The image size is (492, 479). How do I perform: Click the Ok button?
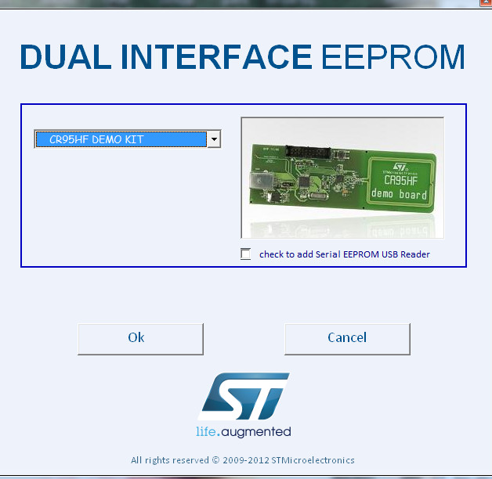coord(140,339)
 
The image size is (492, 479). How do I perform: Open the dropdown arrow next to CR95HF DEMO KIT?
coord(214,139)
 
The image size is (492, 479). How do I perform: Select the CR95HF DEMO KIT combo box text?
coord(96,139)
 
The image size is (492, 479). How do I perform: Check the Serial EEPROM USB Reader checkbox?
coord(245,254)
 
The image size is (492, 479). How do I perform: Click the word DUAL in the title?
coord(66,56)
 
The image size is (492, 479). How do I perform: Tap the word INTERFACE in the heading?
coord(216,56)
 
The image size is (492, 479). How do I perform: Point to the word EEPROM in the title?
coord(393,56)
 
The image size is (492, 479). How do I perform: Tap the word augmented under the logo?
coord(256,432)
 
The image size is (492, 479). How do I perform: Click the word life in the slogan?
coord(206,431)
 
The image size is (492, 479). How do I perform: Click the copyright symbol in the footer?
coord(215,460)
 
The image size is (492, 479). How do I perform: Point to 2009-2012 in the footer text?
coord(246,460)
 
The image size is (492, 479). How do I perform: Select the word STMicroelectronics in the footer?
coord(313,460)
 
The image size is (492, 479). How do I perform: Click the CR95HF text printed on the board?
coord(400,180)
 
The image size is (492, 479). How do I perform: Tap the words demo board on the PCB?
coord(399,194)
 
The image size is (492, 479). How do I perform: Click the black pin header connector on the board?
coord(308,152)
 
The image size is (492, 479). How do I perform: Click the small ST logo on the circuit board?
coord(400,167)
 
